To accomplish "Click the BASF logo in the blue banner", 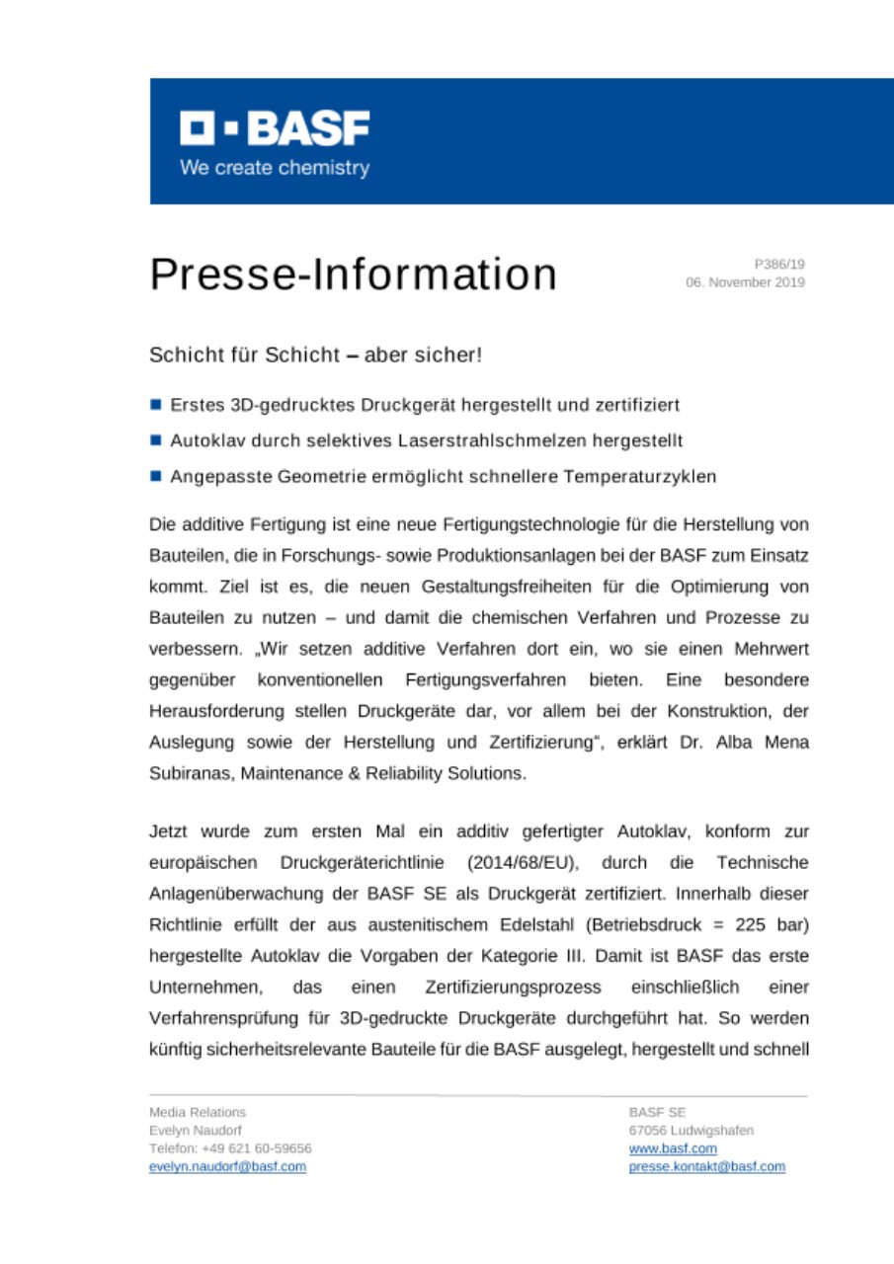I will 274,129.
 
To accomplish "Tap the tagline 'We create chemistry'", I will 274,168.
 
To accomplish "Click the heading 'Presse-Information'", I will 353,275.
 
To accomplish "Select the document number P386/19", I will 779,265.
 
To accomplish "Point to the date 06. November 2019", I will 745,282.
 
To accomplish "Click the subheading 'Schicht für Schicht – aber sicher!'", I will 315,354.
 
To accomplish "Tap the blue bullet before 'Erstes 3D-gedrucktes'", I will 156,405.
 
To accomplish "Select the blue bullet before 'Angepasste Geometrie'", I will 156,476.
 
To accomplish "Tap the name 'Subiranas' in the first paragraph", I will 189,774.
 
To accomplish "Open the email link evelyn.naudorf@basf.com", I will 226,1166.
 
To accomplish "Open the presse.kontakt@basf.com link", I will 706,1166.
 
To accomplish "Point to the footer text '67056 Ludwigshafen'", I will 691,1131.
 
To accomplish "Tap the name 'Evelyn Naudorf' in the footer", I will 195,1131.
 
